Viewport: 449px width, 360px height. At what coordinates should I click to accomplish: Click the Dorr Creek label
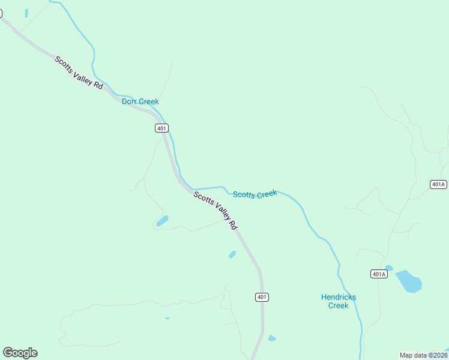point(140,101)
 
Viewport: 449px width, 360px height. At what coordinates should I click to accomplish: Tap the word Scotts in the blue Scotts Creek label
point(244,194)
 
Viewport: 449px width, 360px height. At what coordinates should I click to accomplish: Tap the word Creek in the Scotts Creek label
point(267,193)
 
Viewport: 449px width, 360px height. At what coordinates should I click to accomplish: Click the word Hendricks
point(339,297)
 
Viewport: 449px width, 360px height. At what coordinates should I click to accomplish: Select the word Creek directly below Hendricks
point(339,305)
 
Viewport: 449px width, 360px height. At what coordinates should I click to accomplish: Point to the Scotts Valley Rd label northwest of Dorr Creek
point(79,73)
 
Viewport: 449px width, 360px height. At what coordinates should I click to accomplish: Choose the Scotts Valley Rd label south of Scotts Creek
point(215,210)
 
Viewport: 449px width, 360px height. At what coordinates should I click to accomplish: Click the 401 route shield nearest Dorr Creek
point(161,128)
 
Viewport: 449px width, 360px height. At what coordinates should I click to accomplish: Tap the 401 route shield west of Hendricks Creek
point(262,297)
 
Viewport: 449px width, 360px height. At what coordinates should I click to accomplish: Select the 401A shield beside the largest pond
point(379,274)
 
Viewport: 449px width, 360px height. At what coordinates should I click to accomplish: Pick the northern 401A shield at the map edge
point(438,184)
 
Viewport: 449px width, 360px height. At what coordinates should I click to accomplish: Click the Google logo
point(20,353)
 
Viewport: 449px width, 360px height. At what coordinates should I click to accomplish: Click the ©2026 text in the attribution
point(439,355)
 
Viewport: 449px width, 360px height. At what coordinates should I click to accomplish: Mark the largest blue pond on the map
point(409,281)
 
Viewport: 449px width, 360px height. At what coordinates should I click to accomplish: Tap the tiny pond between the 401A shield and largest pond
point(389,268)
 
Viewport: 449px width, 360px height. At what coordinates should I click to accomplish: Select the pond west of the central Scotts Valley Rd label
point(162,221)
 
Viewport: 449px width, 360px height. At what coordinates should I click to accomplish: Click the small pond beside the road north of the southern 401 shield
point(232,254)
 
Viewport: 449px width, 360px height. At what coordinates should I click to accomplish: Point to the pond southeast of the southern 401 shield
point(272,338)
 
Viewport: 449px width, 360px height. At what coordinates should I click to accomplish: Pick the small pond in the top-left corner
point(26,13)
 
